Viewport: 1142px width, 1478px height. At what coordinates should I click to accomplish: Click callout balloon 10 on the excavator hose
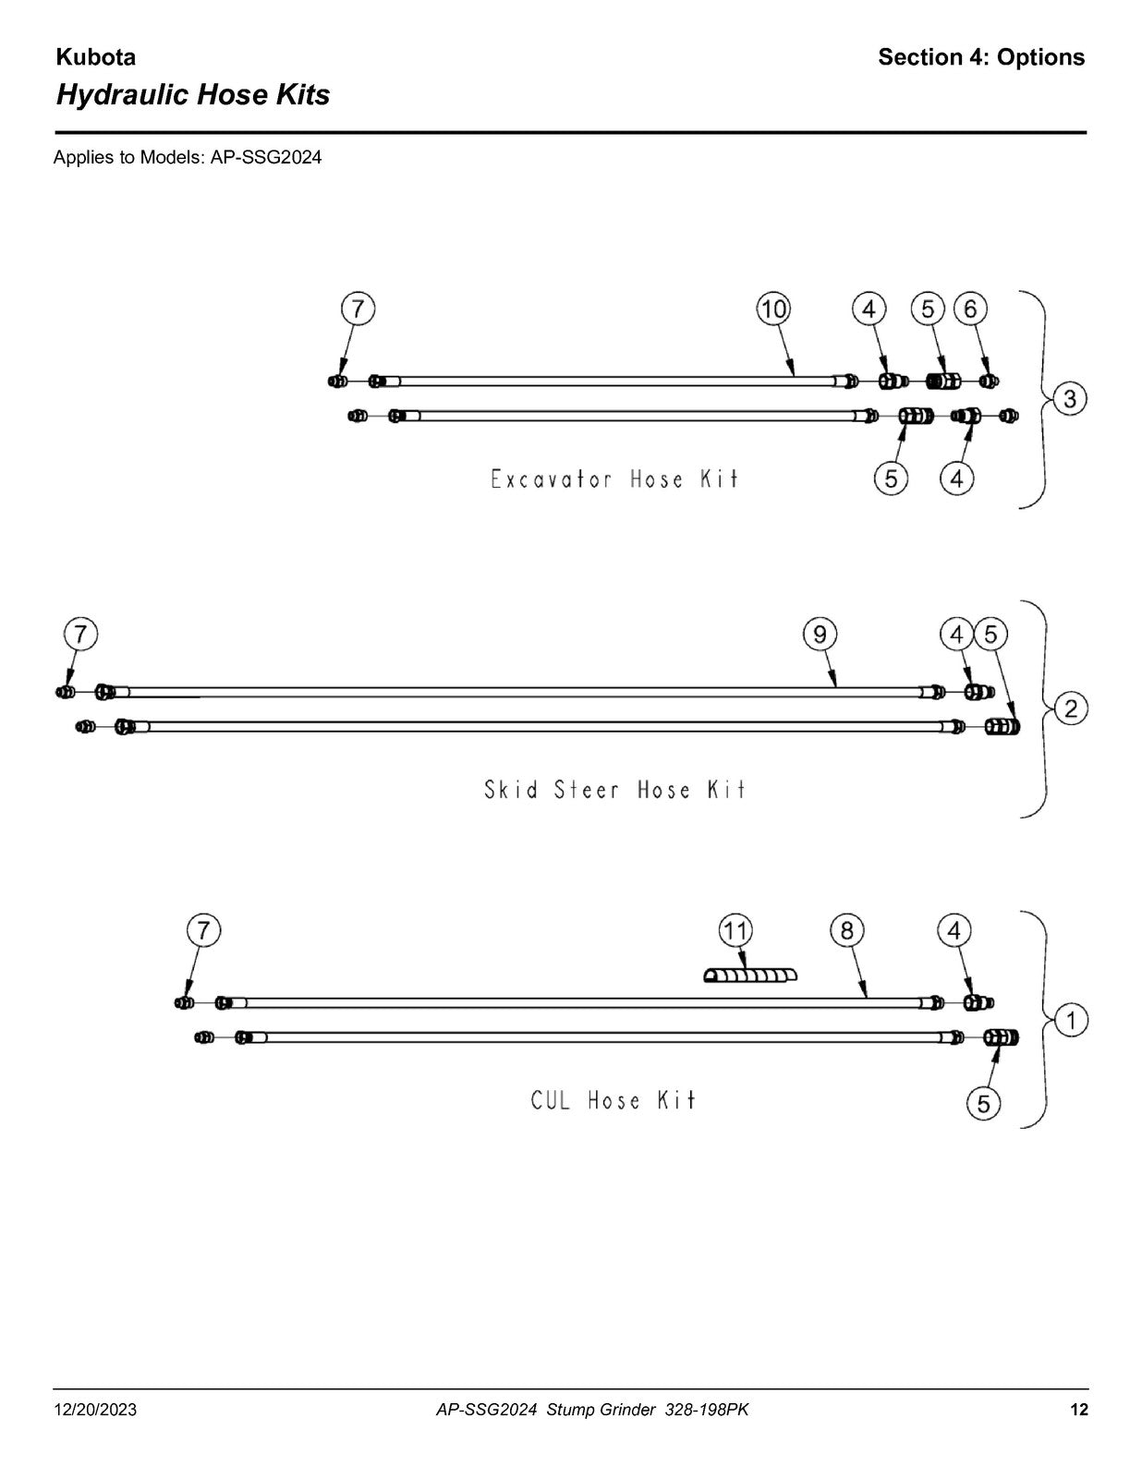tap(773, 309)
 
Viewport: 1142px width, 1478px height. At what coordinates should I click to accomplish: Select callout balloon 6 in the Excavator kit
tap(970, 309)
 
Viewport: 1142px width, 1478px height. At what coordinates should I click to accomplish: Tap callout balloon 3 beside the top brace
tap(1070, 398)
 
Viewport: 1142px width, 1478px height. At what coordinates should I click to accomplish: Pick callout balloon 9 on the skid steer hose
tap(820, 635)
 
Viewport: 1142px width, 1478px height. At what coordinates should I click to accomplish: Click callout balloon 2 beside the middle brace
tap(1071, 709)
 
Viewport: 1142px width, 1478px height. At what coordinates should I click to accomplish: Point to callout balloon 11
tap(736, 930)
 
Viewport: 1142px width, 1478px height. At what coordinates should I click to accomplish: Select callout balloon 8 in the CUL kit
tap(847, 930)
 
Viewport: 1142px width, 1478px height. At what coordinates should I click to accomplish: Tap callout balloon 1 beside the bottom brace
tap(1071, 1021)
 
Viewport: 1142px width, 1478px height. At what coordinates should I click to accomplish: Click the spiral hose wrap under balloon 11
tap(749, 976)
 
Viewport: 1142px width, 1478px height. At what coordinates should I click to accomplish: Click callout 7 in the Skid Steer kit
tap(81, 635)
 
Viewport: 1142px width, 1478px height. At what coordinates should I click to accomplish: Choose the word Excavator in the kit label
tap(551, 479)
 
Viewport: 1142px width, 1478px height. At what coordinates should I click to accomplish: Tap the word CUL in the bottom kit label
tap(551, 1100)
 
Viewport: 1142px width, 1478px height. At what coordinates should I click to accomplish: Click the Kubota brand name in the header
tap(96, 57)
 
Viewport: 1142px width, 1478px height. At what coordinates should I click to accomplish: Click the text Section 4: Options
tap(981, 57)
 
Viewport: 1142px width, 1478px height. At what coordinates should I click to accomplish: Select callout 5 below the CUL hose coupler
tap(983, 1103)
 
